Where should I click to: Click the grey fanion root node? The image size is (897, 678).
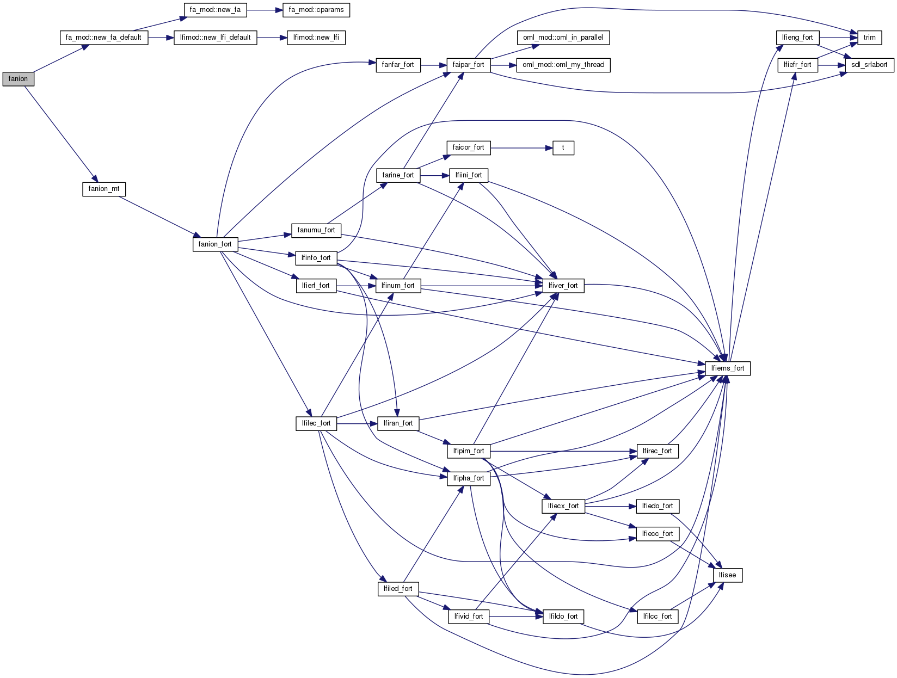[x=18, y=79]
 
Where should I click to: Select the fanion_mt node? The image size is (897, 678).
[x=103, y=189]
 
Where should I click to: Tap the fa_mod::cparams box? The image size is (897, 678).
[x=316, y=10]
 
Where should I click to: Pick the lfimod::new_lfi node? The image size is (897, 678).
[x=316, y=38]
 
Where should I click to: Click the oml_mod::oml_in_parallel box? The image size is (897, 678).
[x=563, y=38]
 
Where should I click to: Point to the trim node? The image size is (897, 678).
[x=869, y=38]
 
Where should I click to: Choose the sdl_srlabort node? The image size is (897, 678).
[x=869, y=65]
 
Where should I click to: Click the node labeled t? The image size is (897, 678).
[x=563, y=147]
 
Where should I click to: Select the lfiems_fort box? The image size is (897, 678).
[x=727, y=368]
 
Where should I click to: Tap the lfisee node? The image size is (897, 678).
[x=727, y=575]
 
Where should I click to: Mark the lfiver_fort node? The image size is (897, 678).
[x=563, y=286]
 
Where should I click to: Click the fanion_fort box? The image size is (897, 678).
[x=215, y=244]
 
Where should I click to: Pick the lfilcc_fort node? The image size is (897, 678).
[x=657, y=617]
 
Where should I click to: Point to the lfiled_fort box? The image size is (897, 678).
[x=398, y=589]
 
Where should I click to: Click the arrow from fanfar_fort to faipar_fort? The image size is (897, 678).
[x=433, y=65]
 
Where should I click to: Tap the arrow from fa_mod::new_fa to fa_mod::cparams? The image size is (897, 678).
[x=264, y=10]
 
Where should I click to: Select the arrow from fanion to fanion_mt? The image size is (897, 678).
[x=60, y=133]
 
